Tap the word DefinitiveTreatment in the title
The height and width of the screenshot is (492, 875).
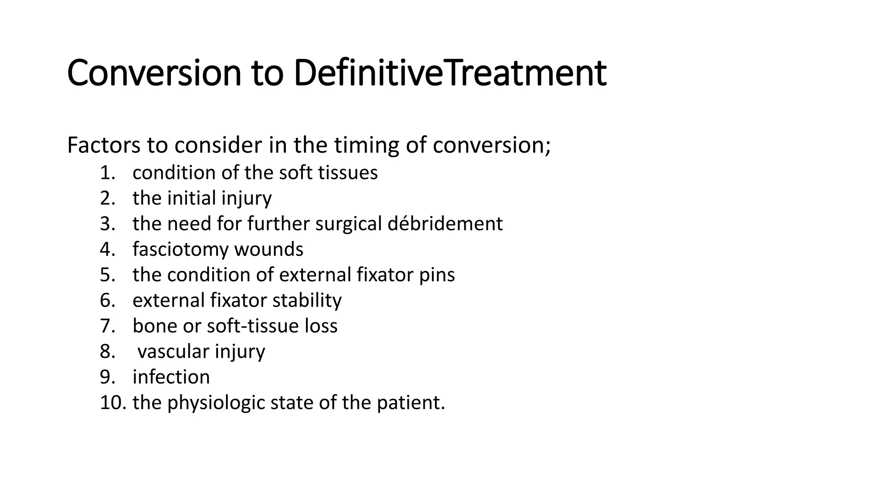[450, 73]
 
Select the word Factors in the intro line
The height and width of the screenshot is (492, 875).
[103, 145]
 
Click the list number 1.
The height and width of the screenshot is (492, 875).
[107, 173]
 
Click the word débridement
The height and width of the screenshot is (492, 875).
[445, 224]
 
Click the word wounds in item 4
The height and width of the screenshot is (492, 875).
[269, 249]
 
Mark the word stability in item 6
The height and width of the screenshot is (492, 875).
[307, 300]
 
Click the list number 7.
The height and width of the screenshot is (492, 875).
[107, 326]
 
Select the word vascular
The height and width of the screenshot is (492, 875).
[173, 351]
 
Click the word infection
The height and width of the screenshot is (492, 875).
[171, 377]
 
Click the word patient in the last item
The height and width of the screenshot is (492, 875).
[411, 403]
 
